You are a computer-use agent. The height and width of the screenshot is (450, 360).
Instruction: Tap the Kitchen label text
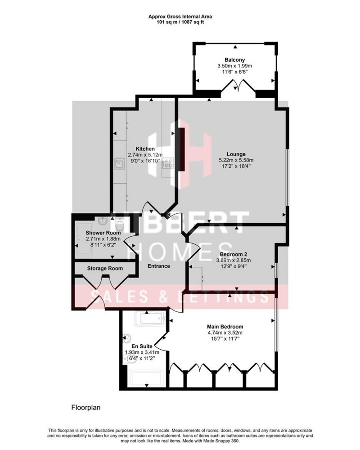point(145,148)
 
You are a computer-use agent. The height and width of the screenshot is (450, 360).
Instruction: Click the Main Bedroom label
point(225,327)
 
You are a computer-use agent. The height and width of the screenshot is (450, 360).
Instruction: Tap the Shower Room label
point(103,233)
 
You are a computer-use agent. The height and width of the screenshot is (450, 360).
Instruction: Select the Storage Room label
point(105,269)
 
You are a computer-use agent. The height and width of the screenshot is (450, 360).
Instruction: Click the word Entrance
point(159,266)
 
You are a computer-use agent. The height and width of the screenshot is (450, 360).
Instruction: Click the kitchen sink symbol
point(120,163)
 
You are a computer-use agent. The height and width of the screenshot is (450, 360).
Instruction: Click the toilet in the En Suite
point(127,337)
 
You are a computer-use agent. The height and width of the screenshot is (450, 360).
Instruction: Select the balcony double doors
point(239,85)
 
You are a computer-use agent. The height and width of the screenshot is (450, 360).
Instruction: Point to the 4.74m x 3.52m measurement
point(225,333)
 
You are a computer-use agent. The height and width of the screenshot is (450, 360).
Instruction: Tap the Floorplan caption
point(85,408)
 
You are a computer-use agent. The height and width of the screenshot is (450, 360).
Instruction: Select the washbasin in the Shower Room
point(103,220)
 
